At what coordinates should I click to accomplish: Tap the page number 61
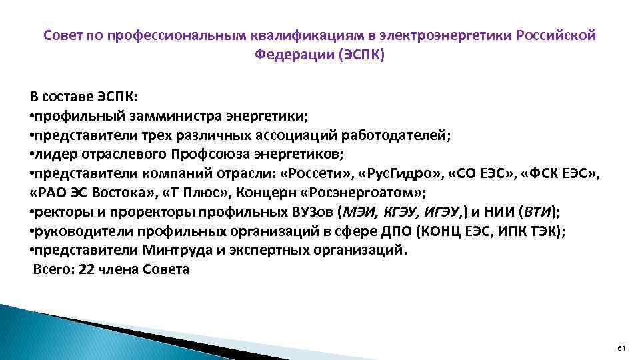(x=621, y=349)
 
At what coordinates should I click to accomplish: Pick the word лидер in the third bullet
(x=53, y=155)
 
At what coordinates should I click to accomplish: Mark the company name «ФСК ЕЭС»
(x=561, y=174)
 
